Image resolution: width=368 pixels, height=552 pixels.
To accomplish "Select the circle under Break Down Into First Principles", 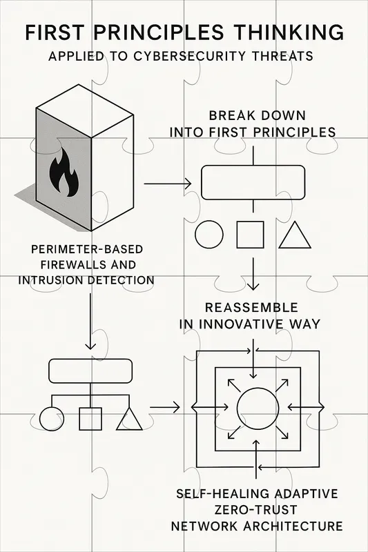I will pyautogui.click(x=210, y=235).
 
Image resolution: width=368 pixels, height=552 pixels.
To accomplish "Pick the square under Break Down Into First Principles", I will pyautogui.click(x=251, y=235).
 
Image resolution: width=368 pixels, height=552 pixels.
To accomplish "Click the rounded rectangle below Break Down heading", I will pyautogui.click(x=253, y=182).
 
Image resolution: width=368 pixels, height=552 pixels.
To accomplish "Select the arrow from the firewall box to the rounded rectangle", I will pyautogui.click(x=167, y=184).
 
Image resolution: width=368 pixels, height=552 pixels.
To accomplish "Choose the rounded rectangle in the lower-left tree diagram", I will pyautogui.click(x=90, y=371).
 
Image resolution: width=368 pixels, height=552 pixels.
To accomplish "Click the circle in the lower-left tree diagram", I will pyautogui.click(x=51, y=419).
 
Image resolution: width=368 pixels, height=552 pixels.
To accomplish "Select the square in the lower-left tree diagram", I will pyautogui.click(x=90, y=419).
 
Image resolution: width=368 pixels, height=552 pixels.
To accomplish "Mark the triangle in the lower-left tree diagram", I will pyautogui.click(x=129, y=419).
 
